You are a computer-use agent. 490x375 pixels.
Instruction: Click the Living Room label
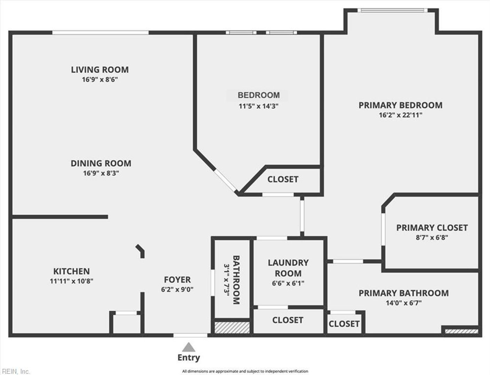click(x=100, y=70)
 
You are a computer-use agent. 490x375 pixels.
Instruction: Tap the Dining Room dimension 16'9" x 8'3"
click(x=101, y=173)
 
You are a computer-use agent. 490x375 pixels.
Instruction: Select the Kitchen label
click(x=71, y=271)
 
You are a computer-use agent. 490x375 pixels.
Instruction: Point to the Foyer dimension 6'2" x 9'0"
click(x=177, y=289)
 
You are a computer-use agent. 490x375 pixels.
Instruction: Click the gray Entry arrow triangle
click(x=188, y=347)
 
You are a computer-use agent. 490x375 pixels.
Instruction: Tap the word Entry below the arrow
click(x=188, y=358)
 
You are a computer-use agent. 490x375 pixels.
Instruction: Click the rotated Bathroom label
click(x=236, y=280)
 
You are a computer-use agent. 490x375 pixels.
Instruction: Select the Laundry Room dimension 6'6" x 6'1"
click(x=288, y=283)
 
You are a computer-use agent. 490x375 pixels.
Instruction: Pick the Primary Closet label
click(x=432, y=228)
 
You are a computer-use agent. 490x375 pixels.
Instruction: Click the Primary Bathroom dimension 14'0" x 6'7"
click(x=403, y=303)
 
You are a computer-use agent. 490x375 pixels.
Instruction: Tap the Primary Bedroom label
click(x=401, y=105)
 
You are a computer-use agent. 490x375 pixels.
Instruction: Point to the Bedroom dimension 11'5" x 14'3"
click(x=258, y=106)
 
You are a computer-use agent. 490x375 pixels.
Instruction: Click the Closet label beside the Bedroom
click(x=283, y=180)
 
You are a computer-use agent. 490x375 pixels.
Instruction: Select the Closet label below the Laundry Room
click(x=288, y=320)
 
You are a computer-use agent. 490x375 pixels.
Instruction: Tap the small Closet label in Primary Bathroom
click(x=344, y=324)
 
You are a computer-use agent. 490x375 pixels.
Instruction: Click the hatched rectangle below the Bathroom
click(x=232, y=328)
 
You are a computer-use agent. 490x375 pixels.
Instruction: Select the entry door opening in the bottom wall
click(x=190, y=335)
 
